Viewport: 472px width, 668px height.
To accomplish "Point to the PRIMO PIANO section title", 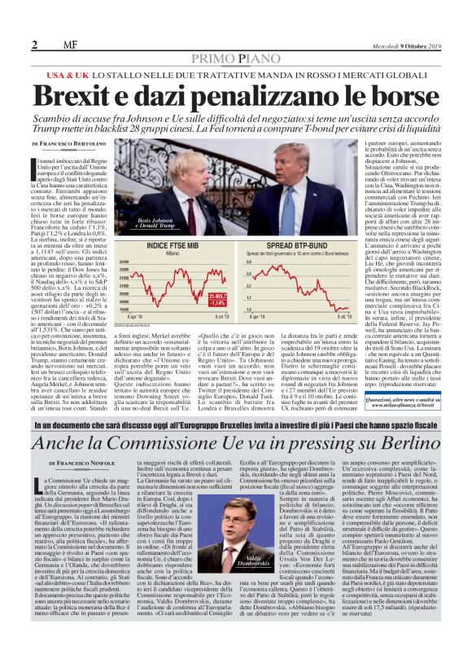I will coord(236,59).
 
